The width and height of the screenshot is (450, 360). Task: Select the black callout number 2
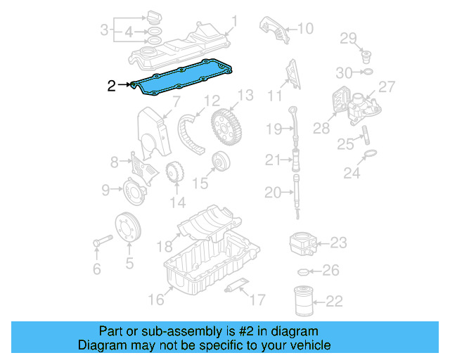point(111,86)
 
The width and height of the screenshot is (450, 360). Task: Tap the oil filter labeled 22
point(302,300)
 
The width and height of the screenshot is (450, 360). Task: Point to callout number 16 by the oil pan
point(155,300)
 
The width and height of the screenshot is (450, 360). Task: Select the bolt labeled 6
point(98,243)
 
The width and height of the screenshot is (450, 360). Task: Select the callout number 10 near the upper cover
point(305,29)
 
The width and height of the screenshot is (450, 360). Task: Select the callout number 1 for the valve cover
point(235,22)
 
